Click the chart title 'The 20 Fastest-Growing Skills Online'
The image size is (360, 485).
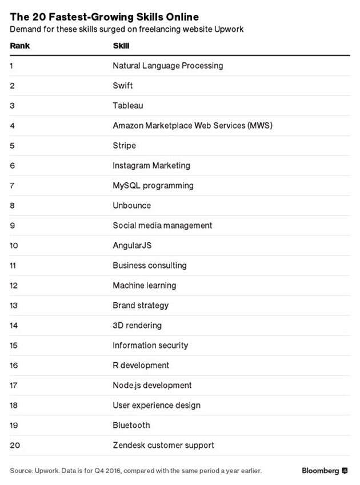[x=105, y=17]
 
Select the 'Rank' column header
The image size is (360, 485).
[x=20, y=46]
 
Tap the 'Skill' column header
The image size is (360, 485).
[x=121, y=46]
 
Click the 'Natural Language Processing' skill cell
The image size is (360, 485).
[x=167, y=66]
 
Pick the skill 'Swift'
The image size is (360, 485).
[x=122, y=86]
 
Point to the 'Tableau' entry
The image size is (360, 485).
[x=128, y=106]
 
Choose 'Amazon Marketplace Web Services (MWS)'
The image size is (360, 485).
[x=192, y=126]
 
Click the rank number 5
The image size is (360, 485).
[x=12, y=146]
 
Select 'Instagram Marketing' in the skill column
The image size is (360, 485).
[x=151, y=166]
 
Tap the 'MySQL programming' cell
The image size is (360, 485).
[x=153, y=186]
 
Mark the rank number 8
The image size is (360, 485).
[x=12, y=206]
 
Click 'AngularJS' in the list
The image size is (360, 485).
[x=132, y=246]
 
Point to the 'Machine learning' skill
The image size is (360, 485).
[x=144, y=286]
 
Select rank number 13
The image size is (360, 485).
[x=14, y=306]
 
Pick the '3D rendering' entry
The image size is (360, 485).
[x=137, y=326]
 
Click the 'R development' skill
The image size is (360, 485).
[x=141, y=366]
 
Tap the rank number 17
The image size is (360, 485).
[x=14, y=386]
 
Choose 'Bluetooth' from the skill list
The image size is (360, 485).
[x=131, y=426]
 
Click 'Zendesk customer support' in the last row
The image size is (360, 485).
[x=163, y=446]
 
